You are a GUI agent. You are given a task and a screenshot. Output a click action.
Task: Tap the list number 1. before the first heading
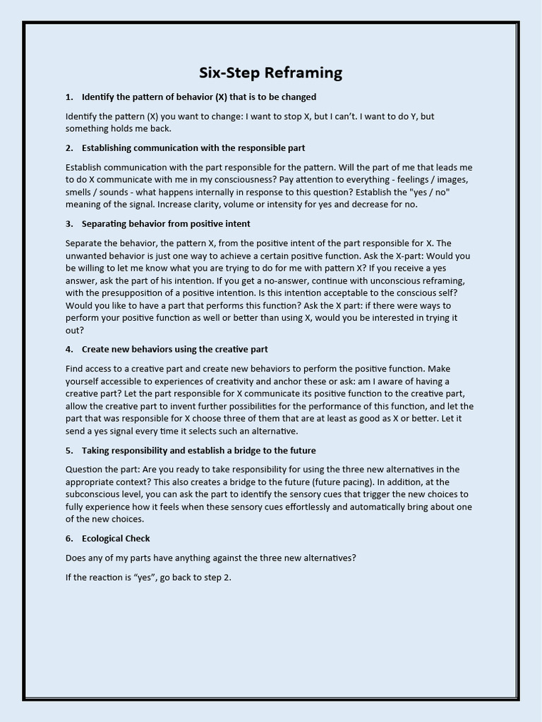click(69, 97)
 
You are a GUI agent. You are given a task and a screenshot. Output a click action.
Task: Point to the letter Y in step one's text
click(412, 116)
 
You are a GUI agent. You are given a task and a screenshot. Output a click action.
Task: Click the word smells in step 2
click(80, 192)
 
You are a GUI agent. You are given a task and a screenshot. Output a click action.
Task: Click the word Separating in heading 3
click(105, 224)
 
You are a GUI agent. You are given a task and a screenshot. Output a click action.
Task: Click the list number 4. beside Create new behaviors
click(69, 349)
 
